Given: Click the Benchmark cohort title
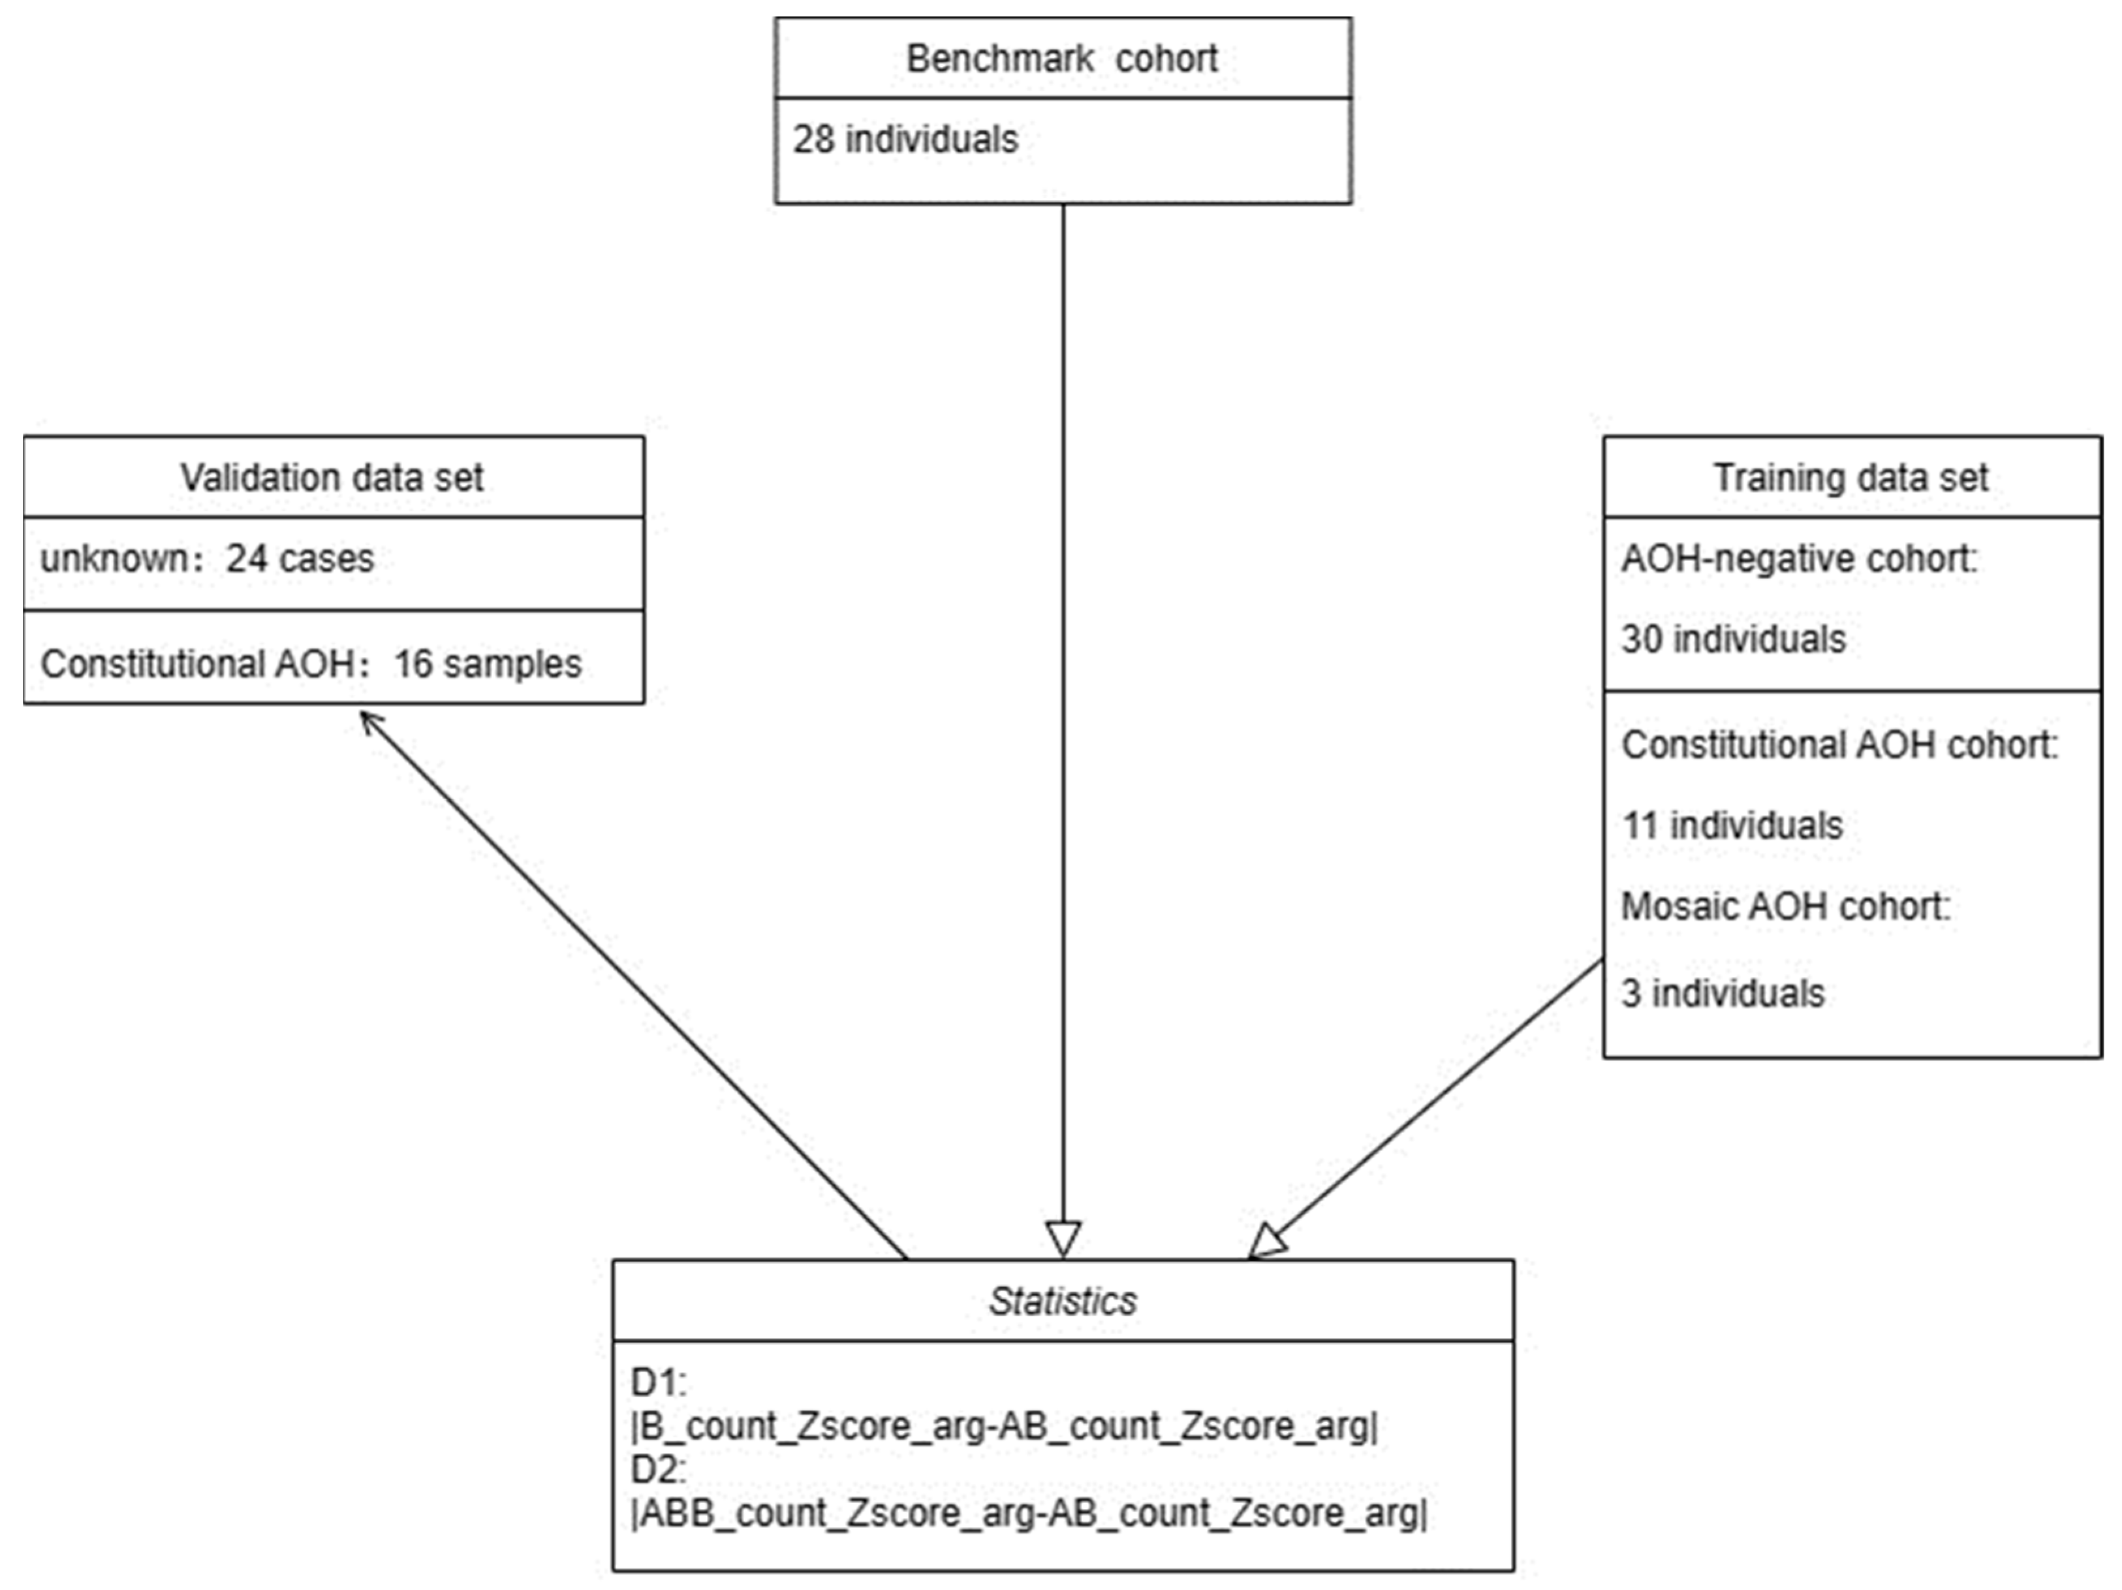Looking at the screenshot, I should (x=1062, y=59).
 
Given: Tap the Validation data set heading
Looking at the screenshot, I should (x=332, y=477).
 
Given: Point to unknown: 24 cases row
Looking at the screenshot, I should (x=206, y=558).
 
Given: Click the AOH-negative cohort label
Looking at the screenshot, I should (x=1799, y=558).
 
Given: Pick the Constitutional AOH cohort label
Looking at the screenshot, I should (x=1839, y=744).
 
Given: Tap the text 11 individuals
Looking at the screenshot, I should (x=1732, y=825).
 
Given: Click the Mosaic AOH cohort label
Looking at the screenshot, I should (x=1785, y=906).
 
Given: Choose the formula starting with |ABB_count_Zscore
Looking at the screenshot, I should (x=1029, y=1513).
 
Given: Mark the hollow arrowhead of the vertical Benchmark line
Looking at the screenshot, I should (x=1063, y=1239).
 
